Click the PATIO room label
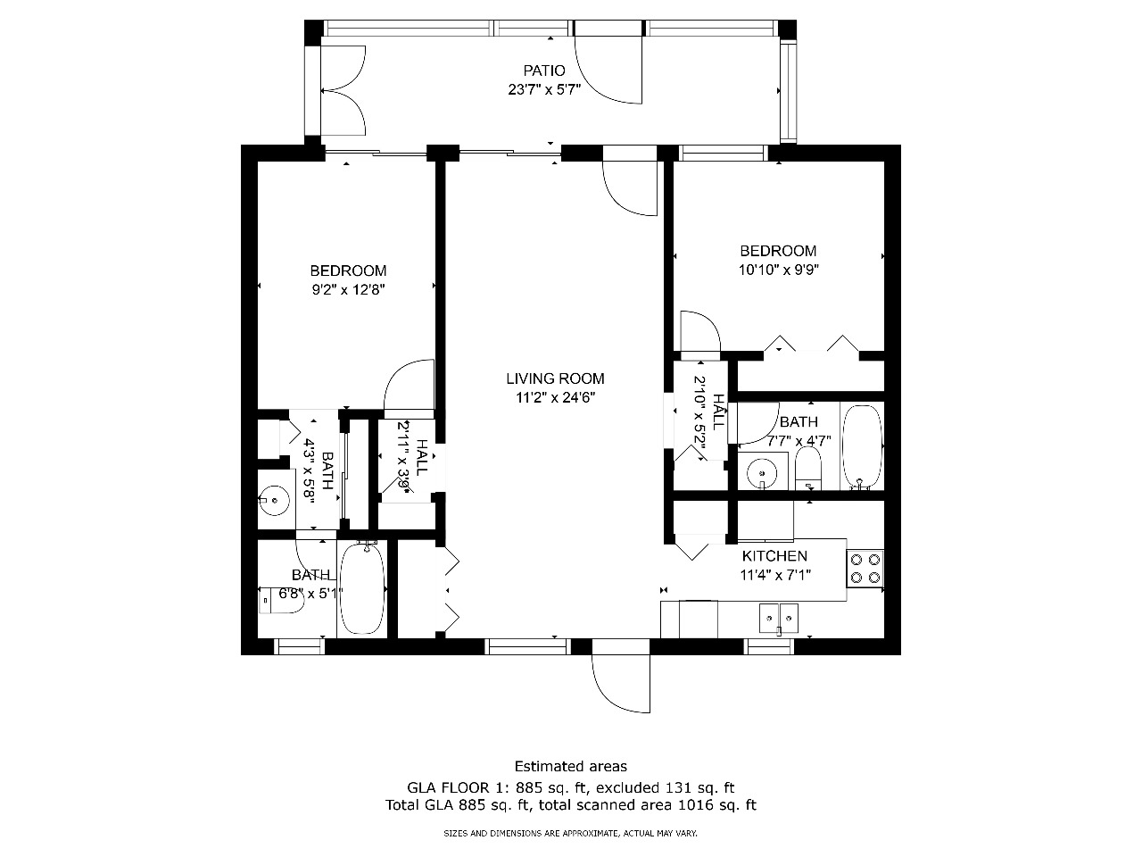pyautogui.click(x=543, y=71)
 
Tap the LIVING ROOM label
pyautogui.click(x=555, y=379)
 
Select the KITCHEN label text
pyautogui.click(x=774, y=556)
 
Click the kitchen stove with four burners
pyautogui.click(x=865, y=569)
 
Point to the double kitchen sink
pyautogui.click(x=778, y=618)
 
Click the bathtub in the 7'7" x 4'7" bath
pyautogui.click(x=862, y=447)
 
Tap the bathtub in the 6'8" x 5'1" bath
pyautogui.click(x=361, y=589)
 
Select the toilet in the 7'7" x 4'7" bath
pyautogui.click(x=808, y=469)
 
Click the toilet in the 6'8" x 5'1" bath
pyautogui.click(x=281, y=601)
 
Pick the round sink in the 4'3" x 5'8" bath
pyautogui.click(x=275, y=500)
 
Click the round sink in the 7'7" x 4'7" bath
pyautogui.click(x=762, y=473)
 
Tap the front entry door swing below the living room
pyautogui.click(x=621, y=683)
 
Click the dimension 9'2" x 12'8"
pyautogui.click(x=348, y=289)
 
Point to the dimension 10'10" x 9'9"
pyautogui.click(x=778, y=270)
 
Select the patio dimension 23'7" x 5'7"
pyautogui.click(x=543, y=89)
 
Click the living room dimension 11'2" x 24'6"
pyautogui.click(x=555, y=397)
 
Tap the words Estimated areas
pyautogui.click(x=571, y=767)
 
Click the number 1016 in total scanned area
pyautogui.click(x=694, y=805)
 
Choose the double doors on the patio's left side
pyautogui.click(x=343, y=90)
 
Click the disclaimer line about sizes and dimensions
pyautogui.click(x=570, y=834)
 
